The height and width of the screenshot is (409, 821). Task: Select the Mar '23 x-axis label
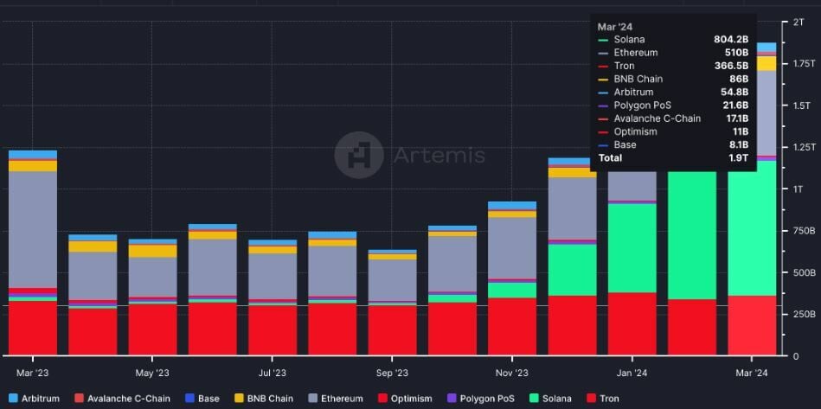click(x=32, y=373)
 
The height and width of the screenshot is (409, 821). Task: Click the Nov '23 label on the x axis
click(x=512, y=373)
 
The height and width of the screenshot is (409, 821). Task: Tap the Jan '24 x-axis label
click(x=632, y=373)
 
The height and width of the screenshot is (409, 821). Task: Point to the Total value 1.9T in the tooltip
click(x=737, y=158)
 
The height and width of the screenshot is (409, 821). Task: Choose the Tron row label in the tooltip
click(x=624, y=66)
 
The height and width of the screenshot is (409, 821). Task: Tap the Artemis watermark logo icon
click(x=358, y=156)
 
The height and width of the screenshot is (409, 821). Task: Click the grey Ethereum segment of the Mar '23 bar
click(x=32, y=229)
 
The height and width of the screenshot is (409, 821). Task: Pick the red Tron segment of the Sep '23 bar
click(x=392, y=329)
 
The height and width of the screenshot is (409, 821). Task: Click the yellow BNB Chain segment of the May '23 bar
click(x=152, y=251)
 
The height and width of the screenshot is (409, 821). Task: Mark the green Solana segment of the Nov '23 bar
click(x=512, y=290)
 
